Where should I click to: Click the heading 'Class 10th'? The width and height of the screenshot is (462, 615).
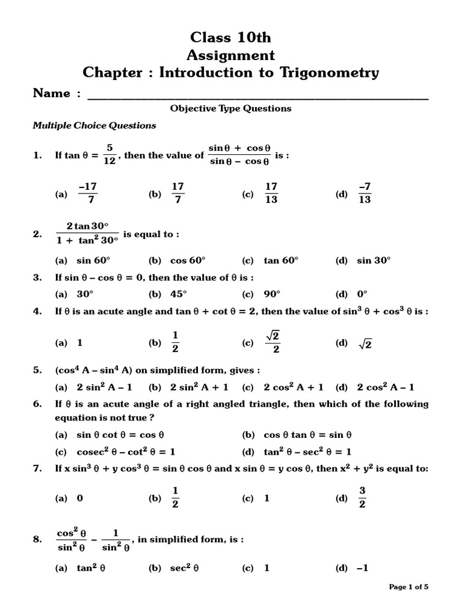[x=230, y=37]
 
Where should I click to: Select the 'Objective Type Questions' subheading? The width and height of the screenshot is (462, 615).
[x=230, y=109]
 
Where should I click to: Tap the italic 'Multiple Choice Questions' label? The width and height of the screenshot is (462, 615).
[x=94, y=126]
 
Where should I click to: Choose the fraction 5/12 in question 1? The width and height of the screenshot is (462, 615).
[x=109, y=155]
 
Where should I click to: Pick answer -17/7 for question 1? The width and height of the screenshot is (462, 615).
[x=88, y=194]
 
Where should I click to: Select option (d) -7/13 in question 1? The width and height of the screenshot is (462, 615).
[x=365, y=194]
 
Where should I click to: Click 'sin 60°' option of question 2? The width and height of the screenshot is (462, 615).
[x=93, y=261]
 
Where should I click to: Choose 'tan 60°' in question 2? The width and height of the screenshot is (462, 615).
[x=281, y=261]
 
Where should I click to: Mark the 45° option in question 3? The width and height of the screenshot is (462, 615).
[x=179, y=294]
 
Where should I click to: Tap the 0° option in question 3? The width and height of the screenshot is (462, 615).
[x=362, y=294]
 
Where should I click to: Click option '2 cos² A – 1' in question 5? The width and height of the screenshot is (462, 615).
[x=386, y=387]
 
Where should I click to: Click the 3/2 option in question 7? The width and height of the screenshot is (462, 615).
[x=362, y=498]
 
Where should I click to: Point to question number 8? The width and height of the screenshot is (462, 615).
[x=37, y=539]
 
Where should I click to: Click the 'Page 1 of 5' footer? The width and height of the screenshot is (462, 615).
[x=409, y=587]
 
